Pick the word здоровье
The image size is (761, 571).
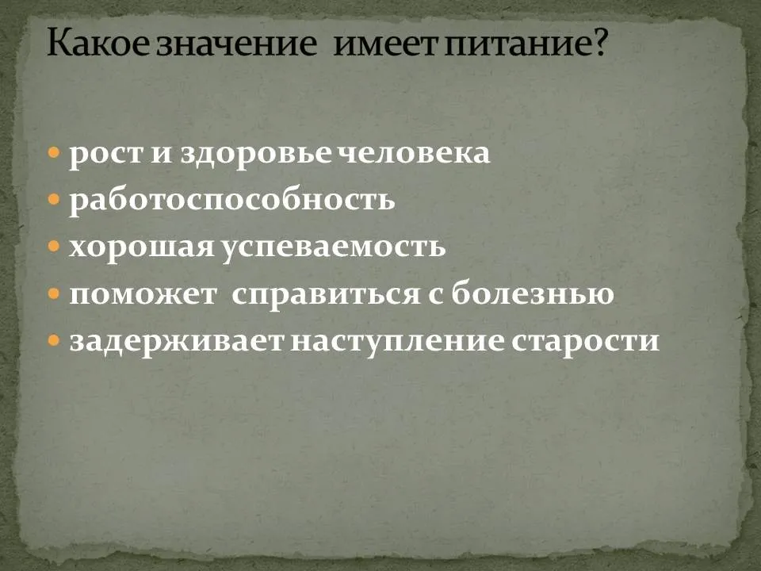[257, 155]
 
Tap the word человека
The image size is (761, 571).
[414, 153]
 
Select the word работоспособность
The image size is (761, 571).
[232, 200]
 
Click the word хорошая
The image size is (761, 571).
[142, 247]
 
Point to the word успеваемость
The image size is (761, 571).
[333, 248]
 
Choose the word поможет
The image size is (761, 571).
[143, 294]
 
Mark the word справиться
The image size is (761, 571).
[326, 294]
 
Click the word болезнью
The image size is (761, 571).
[533, 293]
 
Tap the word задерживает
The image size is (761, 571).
[176, 341]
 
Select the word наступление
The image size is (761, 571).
[397, 342]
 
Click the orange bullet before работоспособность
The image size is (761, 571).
[54, 200]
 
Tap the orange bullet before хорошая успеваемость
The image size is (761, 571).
[54, 247]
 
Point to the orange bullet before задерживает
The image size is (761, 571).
[54, 341]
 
